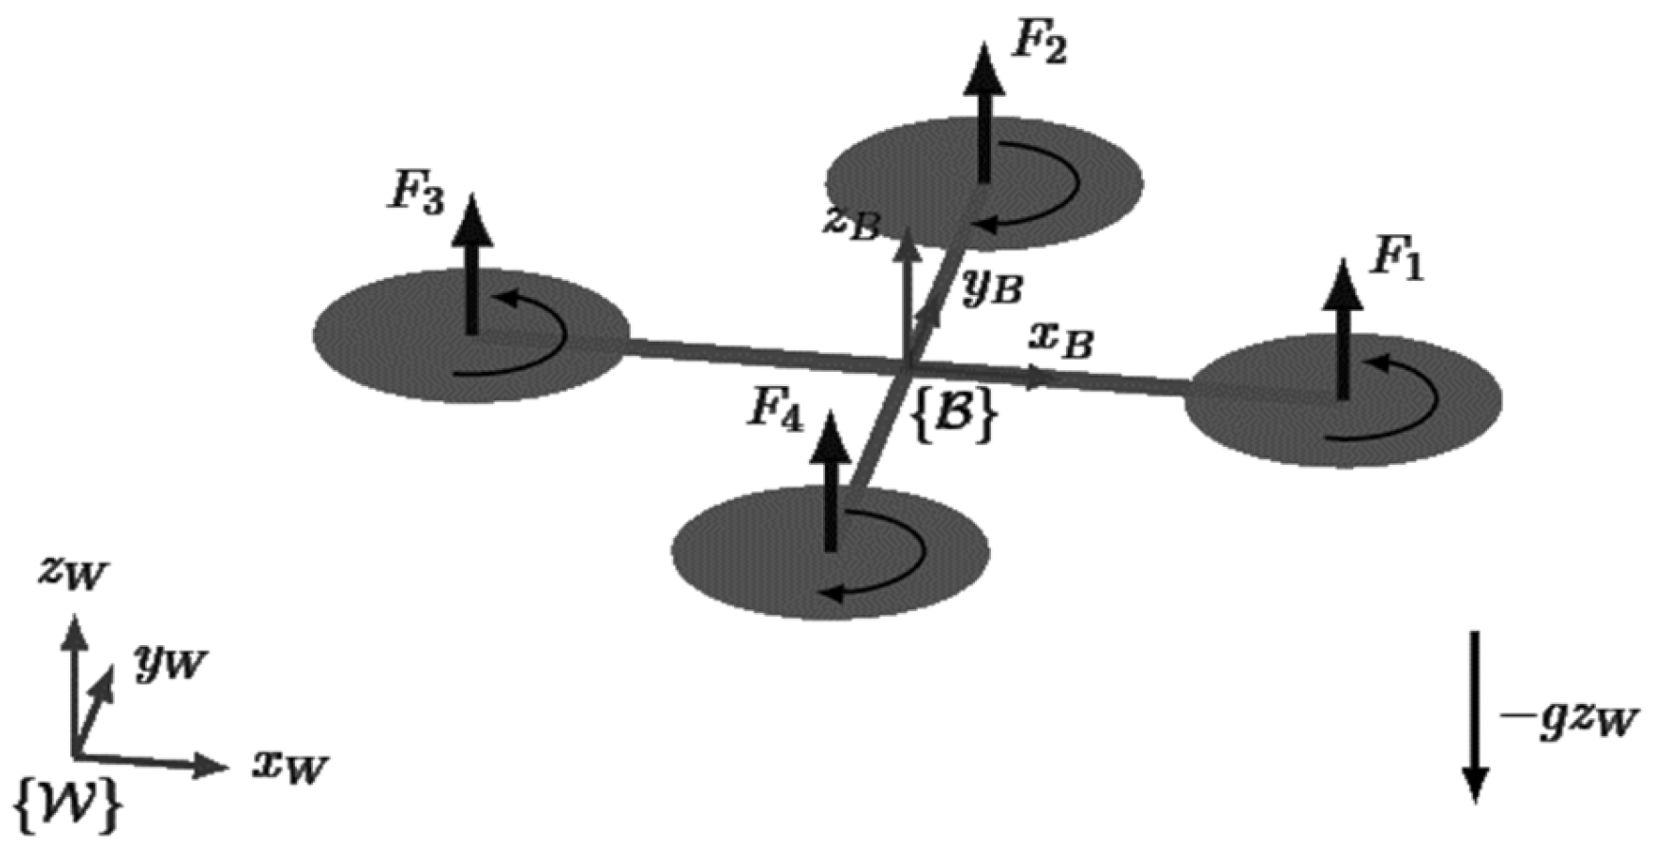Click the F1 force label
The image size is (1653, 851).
[1395, 261]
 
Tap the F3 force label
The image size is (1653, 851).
[415, 195]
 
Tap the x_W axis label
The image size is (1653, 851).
[290, 764]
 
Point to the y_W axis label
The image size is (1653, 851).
[169, 661]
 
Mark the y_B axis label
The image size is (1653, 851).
[991, 286]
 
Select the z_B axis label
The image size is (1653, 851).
[852, 224]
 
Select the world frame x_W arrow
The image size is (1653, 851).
[152, 762]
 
